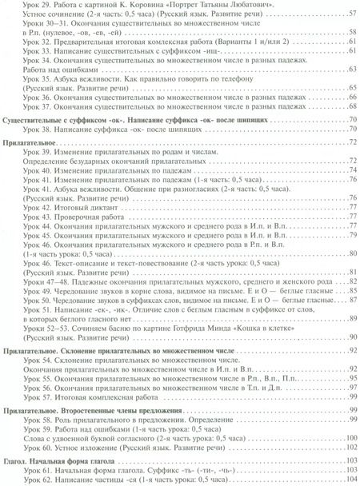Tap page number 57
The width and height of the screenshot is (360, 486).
(x=350, y=15)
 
